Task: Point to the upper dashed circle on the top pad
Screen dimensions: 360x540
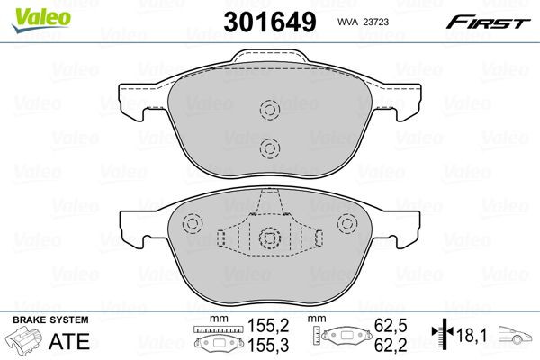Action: pos(268,111)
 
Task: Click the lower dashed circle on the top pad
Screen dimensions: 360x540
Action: pos(268,148)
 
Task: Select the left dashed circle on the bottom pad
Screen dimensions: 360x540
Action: pos(191,225)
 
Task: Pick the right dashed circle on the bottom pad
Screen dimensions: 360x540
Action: pos(345,225)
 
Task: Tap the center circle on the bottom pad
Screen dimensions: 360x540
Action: pos(268,238)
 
